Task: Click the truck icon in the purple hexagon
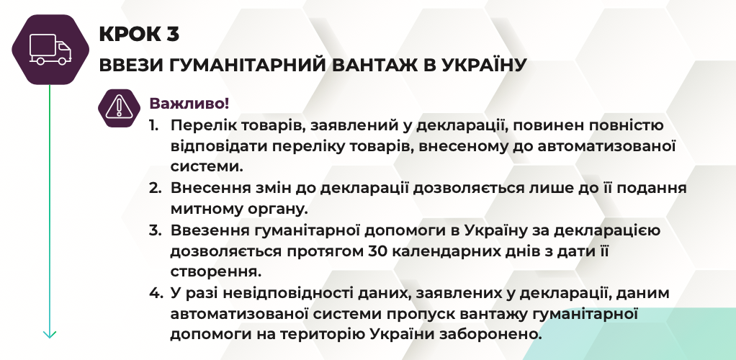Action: click(x=50, y=49)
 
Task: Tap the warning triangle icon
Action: click(x=120, y=107)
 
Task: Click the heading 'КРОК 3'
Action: click(x=139, y=34)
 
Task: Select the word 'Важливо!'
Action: click(x=189, y=103)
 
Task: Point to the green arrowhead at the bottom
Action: click(x=50, y=334)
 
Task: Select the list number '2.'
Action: click(x=156, y=188)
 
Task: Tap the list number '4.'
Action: click(x=156, y=293)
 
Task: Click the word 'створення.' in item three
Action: click(x=215, y=271)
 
